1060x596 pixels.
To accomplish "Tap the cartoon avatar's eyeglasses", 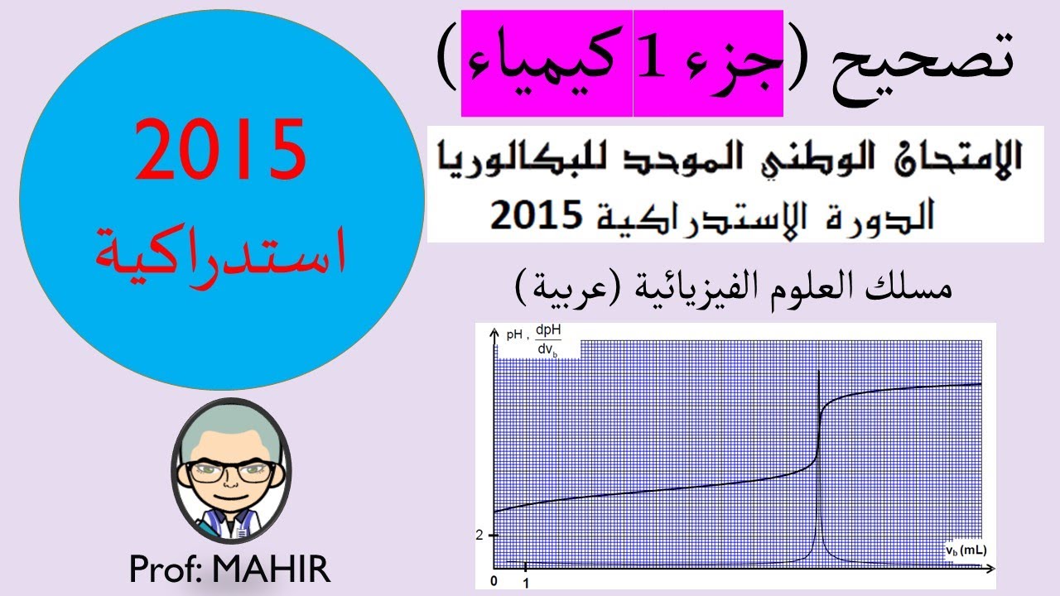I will [231, 473].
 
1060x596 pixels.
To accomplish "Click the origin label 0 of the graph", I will [494, 581].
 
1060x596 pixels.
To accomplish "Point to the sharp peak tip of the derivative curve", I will [818, 372].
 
